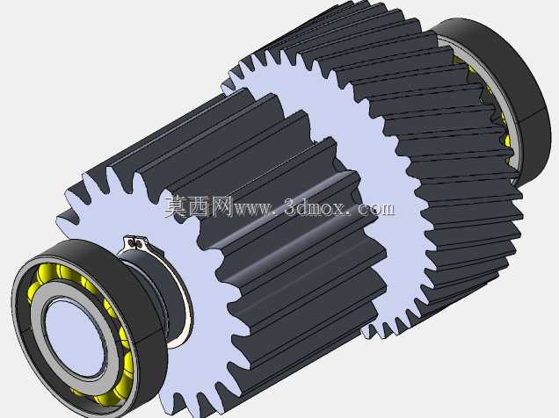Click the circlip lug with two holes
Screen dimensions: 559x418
click(135, 243)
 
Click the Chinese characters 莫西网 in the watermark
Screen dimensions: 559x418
click(199, 206)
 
